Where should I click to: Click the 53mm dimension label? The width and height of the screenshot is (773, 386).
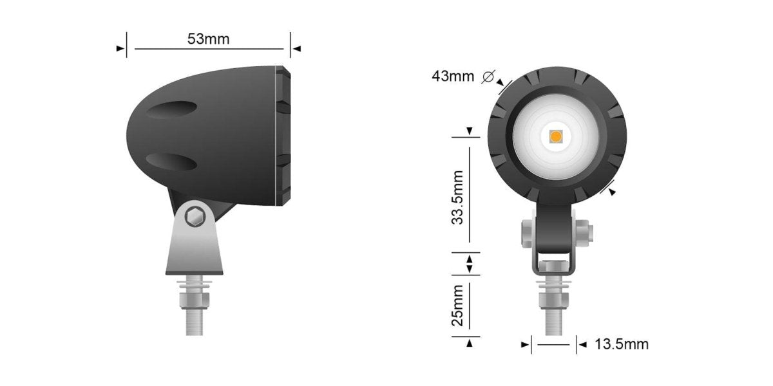click(x=208, y=39)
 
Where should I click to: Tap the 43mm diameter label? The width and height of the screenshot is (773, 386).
click(x=452, y=77)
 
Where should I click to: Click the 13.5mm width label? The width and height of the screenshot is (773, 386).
click(x=621, y=344)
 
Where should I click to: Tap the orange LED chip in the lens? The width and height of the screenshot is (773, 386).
click(x=555, y=136)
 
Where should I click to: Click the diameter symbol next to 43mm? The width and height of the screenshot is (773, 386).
click(x=488, y=77)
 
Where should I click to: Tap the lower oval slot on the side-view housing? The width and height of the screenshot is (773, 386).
click(x=170, y=161)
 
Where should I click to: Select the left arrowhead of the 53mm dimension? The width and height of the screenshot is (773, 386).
click(x=120, y=48)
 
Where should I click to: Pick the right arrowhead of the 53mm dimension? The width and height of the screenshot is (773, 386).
click(x=296, y=48)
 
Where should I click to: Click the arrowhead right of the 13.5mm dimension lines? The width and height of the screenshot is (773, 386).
click(x=582, y=345)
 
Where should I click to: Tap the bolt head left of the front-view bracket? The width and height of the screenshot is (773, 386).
click(x=527, y=232)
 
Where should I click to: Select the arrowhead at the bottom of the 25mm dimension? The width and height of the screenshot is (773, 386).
click(x=470, y=344)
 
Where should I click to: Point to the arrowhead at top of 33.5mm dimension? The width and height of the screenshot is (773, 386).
click(x=470, y=131)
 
